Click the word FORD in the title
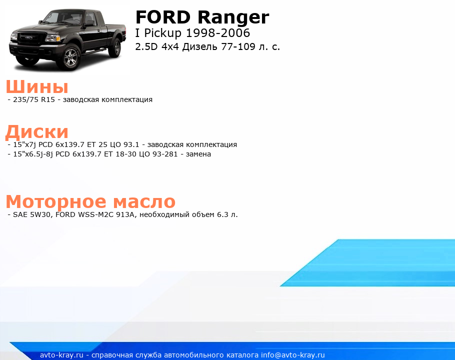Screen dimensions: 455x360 [163, 17]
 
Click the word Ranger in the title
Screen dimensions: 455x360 [233, 18]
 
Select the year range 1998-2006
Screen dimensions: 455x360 [217, 33]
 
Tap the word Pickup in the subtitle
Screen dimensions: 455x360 [162, 33]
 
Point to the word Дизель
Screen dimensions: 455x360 [199, 46]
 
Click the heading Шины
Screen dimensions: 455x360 [37, 86]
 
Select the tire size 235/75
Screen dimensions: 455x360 [26, 99]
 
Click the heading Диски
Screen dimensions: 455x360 [37, 132]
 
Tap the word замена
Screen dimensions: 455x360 [198, 154]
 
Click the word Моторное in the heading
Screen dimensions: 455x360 [56, 201]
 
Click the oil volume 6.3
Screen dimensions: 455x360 [222, 214]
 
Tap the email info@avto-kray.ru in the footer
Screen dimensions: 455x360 [293, 355]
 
